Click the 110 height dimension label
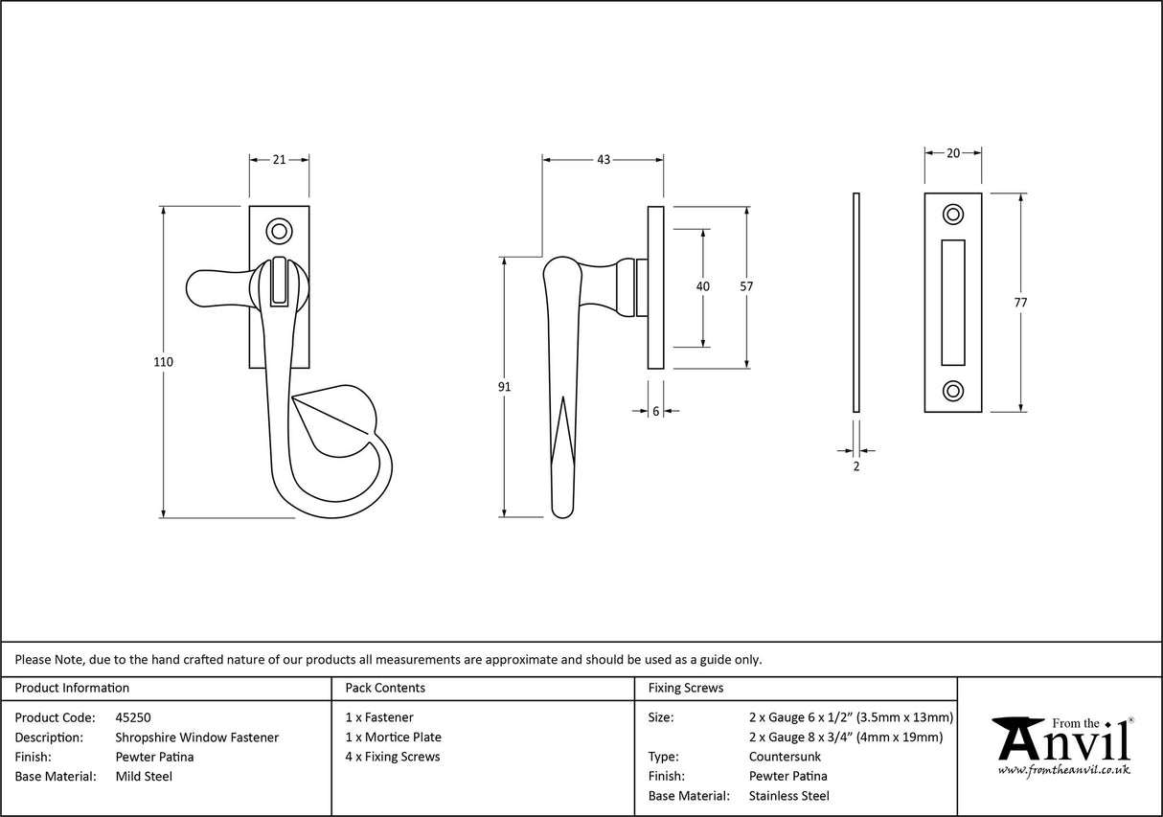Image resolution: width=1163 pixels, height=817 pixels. (163, 362)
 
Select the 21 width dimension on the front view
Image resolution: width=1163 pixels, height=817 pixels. (279, 160)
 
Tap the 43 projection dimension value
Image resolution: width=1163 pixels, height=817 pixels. (603, 160)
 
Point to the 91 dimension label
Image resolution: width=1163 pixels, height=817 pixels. (505, 387)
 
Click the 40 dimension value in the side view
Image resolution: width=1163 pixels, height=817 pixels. (703, 286)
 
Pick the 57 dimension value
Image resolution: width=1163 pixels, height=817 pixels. (747, 286)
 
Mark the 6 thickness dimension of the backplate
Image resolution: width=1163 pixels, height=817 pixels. (655, 411)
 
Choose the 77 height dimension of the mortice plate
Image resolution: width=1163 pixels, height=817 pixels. (1020, 303)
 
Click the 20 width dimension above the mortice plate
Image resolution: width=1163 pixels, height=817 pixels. (952, 153)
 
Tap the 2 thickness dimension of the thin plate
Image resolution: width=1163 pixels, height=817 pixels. (855, 466)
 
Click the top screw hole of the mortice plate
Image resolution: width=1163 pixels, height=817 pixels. (953, 214)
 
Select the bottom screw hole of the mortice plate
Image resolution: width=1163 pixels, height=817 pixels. (953, 390)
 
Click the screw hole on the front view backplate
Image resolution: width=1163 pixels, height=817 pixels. (279, 230)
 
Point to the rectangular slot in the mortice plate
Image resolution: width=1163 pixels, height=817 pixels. (953, 302)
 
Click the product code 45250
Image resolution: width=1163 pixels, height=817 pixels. (133, 716)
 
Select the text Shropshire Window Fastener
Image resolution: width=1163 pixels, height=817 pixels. (196, 737)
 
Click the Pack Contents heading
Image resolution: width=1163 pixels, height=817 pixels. (385, 688)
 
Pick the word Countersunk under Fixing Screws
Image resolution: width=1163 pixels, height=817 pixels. (785, 757)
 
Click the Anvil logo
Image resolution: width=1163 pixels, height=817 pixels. (1062, 744)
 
